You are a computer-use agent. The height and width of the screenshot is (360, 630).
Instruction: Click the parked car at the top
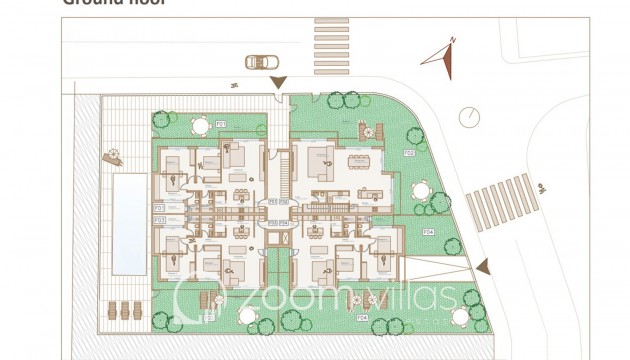pos(260,62)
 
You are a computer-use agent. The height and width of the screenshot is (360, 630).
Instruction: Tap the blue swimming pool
pos(127,223)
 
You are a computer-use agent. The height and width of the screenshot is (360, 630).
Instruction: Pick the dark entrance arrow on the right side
pos(484,266)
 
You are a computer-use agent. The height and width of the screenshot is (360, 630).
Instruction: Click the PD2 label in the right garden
pos(408,153)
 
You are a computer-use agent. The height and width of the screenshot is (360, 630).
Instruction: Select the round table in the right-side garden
pos(420,191)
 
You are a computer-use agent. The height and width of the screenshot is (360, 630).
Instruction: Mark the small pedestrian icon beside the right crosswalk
pos(540,187)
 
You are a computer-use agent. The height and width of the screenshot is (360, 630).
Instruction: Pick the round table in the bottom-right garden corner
pos(459,316)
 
